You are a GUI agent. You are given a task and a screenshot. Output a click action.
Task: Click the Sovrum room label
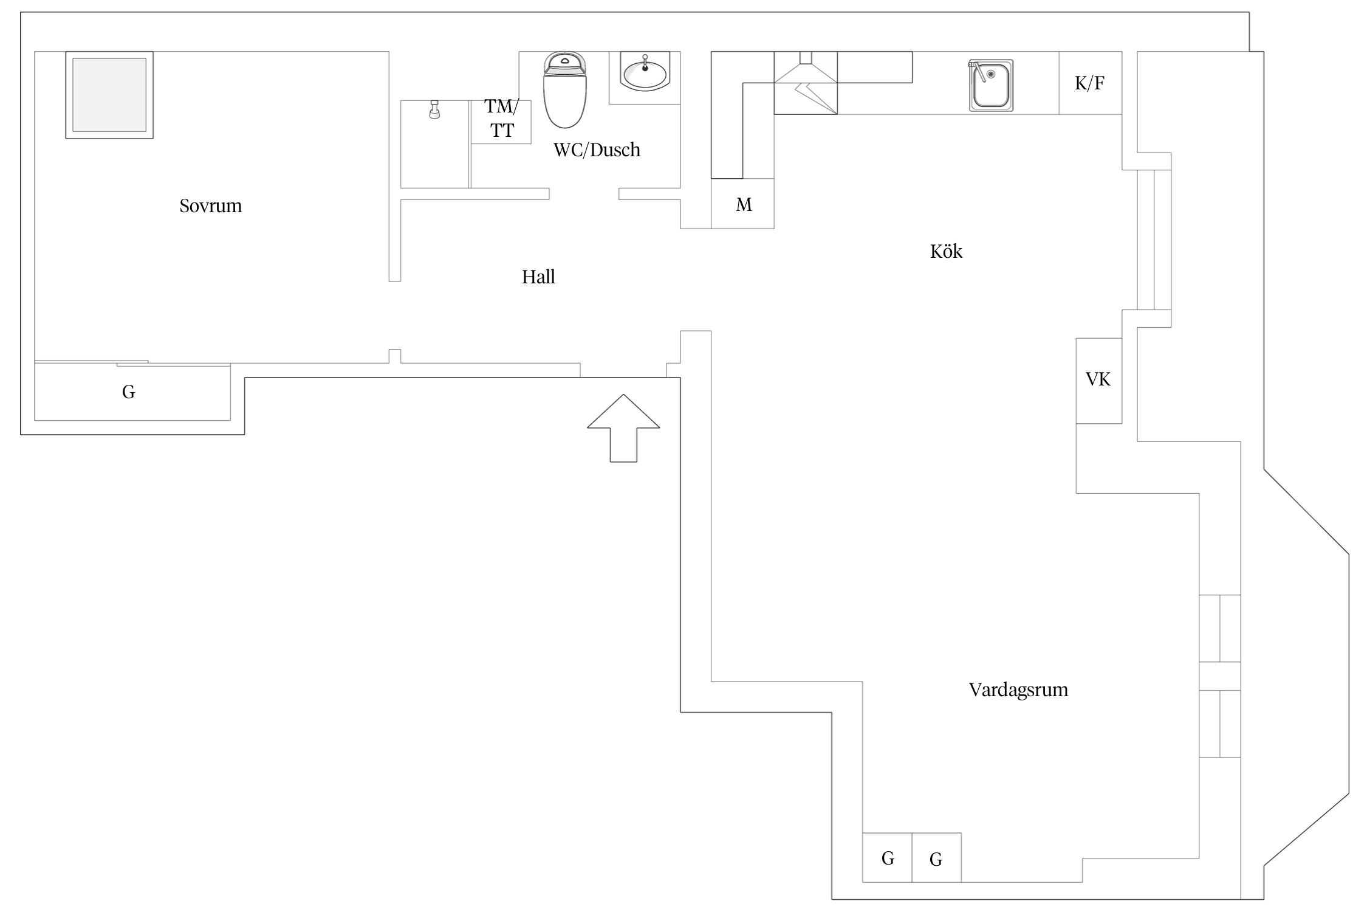click(x=210, y=206)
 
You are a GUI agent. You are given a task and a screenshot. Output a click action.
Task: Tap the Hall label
click(x=538, y=277)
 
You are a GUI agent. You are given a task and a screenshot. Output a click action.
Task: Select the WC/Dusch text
click(x=597, y=150)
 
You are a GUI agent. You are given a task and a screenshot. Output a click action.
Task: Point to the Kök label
click(x=946, y=251)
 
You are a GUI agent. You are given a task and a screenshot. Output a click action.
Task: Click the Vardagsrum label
click(x=1018, y=689)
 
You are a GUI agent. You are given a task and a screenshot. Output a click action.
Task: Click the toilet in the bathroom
click(x=565, y=90)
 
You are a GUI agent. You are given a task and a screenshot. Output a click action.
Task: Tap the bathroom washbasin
click(x=645, y=72)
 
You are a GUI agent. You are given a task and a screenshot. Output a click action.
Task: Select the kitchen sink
click(x=991, y=86)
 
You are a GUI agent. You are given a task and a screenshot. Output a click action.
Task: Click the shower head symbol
click(x=434, y=110)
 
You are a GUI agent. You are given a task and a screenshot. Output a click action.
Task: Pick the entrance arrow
click(x=623, y=428)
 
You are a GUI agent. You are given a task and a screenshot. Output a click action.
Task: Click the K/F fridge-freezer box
click(x=1090, y=83)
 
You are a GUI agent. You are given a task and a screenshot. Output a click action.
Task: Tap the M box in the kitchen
click(x=742, y=204)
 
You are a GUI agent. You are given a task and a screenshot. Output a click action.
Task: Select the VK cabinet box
click(x=1098, y=381)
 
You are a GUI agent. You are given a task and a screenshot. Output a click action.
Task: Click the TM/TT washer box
click(x=501, y=122)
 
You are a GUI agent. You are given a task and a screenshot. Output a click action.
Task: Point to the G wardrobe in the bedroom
click(x=132, y=392)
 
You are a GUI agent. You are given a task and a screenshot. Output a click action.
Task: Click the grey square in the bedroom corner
click(x=109, y=95)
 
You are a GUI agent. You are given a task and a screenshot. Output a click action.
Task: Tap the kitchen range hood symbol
click(x=806, y=83)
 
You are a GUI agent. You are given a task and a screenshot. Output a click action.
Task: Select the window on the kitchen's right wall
click(x=1154, y=240)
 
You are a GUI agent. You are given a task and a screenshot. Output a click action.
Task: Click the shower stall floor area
click(x=435, y=145)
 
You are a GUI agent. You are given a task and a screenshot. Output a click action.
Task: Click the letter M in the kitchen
click(x=744, y=205)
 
